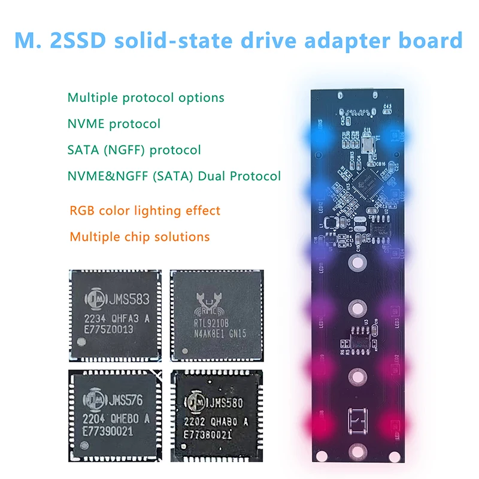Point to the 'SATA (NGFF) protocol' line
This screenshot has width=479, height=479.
pyautogui.click(x=134, y=150)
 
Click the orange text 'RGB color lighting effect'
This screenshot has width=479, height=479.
pyautogui.click(x=145, y=211)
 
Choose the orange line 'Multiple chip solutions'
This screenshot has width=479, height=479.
pyautogui.click(x=140, y=237)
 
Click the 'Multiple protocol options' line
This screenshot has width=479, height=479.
pyautogui.click(x=145, y=97)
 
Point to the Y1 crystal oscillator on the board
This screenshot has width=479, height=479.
pyautogui.click(x=367, y=143)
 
